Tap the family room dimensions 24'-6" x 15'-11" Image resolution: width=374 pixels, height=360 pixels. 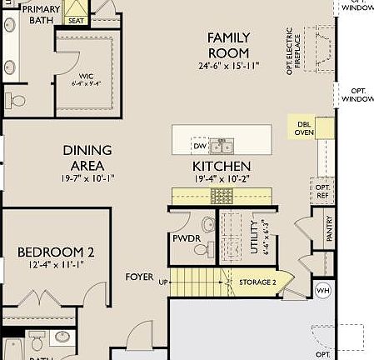point(228,65)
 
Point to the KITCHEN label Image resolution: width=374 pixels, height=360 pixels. point(222,166)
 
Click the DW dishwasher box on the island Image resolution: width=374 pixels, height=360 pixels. point(199,146)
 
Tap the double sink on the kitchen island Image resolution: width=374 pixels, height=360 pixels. point(221,147)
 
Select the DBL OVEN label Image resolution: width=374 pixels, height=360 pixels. point(304,127)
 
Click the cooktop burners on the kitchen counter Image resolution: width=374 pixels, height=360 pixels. point(222,195)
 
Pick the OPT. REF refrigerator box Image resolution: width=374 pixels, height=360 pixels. point(323,192)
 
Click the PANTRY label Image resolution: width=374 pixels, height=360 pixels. point(329,228)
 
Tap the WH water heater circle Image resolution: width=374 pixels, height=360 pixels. point(322,291)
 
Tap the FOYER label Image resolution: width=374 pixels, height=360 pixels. point(139,277)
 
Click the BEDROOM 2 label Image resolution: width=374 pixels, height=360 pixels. point(56,252)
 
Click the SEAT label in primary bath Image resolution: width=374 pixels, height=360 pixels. point(76,20)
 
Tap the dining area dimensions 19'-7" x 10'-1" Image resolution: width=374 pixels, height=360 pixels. point(87,177)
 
